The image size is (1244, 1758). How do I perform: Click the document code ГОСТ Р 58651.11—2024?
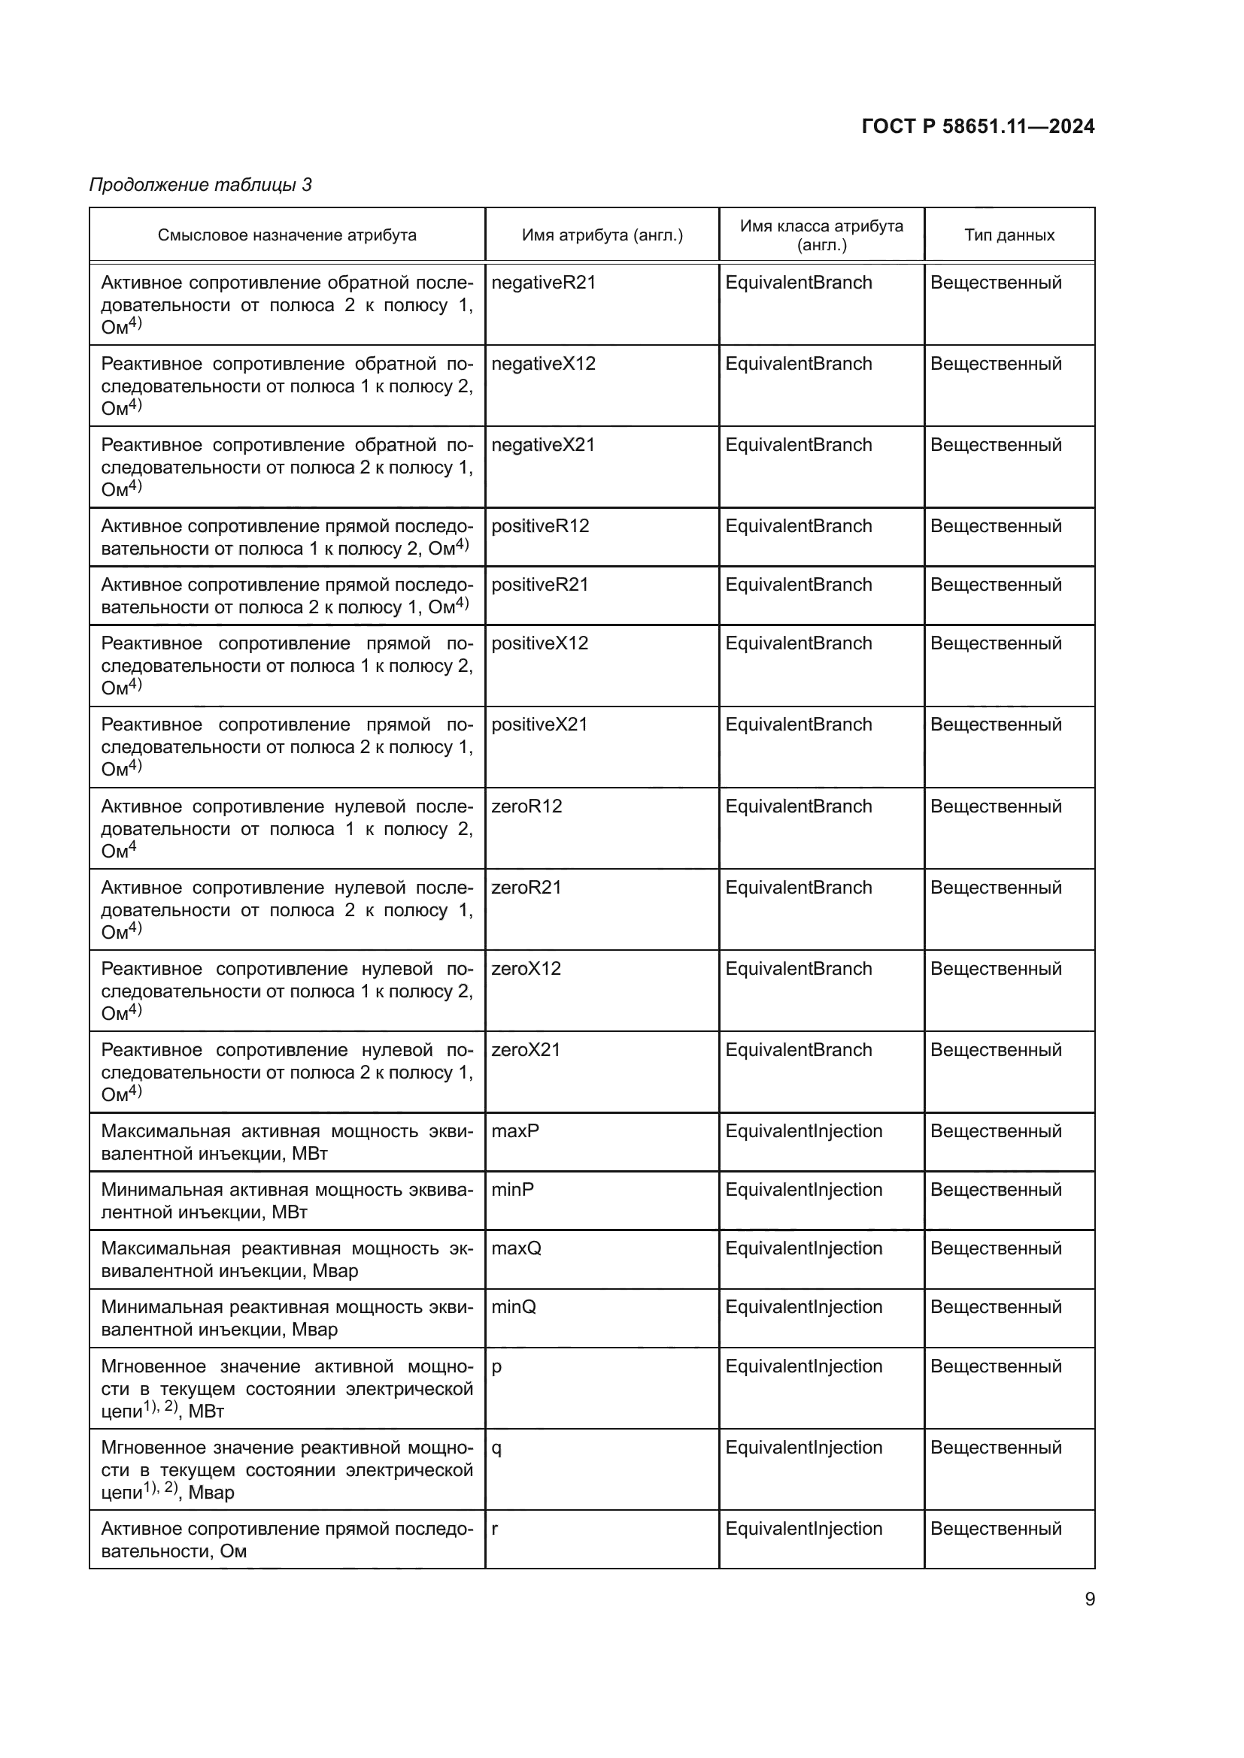pyautogui.click(x=978, y=126)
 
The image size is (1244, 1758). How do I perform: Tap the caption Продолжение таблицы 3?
pyautogui.click(x=201, y=185)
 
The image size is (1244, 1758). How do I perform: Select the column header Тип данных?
pyautogui.click(x=1009, y=235)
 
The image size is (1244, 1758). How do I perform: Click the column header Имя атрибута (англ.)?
pyautogui.click(x=602, y=235)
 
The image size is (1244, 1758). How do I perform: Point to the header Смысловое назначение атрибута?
pyautogui.click(x=287, y=235)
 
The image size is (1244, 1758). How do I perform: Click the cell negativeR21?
pyautogui.click(x=543, y=283)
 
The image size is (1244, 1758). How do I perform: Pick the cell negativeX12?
pyautogui.click(x=543, y=364)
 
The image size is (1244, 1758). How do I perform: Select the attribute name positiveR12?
pyautogui.click(x=540, y=526)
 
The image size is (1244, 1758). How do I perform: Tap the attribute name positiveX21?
pyautogui.click(x=539, y=725)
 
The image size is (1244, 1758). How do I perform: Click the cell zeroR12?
pyautogui.click(x=526, y=806)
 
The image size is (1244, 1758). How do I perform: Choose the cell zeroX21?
pyautogui.click(x=526, y=1050)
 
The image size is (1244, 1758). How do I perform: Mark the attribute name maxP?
pyautogui.click(x=514, y=1131)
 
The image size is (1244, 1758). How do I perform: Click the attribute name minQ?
pyautogui.click(x=513, y=1307)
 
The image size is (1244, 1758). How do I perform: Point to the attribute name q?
pyautogui.click(x=496, y=1448)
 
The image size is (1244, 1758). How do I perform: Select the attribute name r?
pyautogui.click(x=495, y=1529)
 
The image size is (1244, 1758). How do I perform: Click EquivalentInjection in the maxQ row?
pyautogui.click(x=803, y=1249)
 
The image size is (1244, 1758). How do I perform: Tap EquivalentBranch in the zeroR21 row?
pyautogui.click(x=798, y=888)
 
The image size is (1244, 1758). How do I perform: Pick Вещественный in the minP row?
pyautogui.click(x=996, y=1190)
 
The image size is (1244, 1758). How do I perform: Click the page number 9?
pyautogui.click(x=1089, y=1599)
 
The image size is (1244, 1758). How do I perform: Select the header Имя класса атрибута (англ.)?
pyautogui.click(x=821, y=235)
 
